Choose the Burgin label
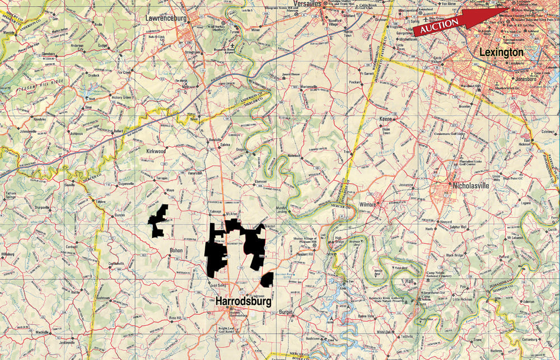pyautogui.click(x=286, y=311)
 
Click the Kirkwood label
pyautogui.click(x=156, y=151)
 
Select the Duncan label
pyautogui.click(x=120, y=215)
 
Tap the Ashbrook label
pyautogui.click(x=77, y=133)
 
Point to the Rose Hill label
pyautogui.click(x=175, y=318)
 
